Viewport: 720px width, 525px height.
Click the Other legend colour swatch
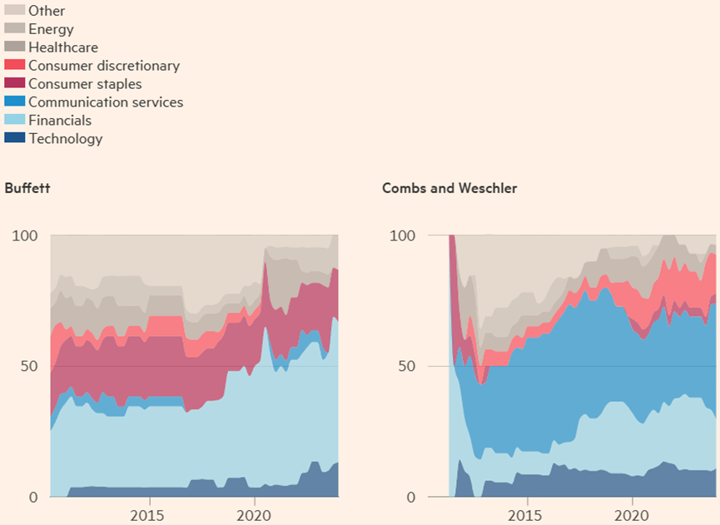pyautogui.click(x=15, y=11)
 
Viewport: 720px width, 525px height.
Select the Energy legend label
pyautogui.click(x=51, y=29)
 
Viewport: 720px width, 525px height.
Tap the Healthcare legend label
pyautogui.click(x=63, y=47)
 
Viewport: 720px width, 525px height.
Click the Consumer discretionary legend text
pyautogui.click(x=104, y=66)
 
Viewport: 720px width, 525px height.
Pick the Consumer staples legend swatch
pyautogui.click(x=15, y=84)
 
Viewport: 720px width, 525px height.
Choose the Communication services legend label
pyautogui.click(x=106, y=102)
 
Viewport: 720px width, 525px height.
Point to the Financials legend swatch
pyautogui.click(x=15, y=121)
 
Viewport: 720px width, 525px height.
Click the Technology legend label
pyautogui.click(x=66, y=139)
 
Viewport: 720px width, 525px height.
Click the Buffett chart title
pyautogui.click(x=27, y=188)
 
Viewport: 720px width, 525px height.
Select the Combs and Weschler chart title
pyautogui.click(x=449, y=188)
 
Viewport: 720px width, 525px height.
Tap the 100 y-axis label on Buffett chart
pyautogui.click(x=25, y=235)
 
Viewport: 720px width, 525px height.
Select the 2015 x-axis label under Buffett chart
pyautogui.click(x=150, y=516)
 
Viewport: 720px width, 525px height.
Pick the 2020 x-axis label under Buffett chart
pyautogui.click(x=254, y=516)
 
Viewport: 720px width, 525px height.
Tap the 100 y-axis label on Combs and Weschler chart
pyautogui.click(x=403, y=235)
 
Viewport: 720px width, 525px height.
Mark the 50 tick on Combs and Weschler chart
pyautogui.click(x=407, y=366)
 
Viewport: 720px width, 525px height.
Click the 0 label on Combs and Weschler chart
pyautogui.click(x=411, y=498)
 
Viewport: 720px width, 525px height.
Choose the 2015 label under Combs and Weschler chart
pyautogui.click(x=528, y=516)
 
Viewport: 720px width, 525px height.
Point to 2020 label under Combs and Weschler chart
pyautogui.click(x=632, y=516)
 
